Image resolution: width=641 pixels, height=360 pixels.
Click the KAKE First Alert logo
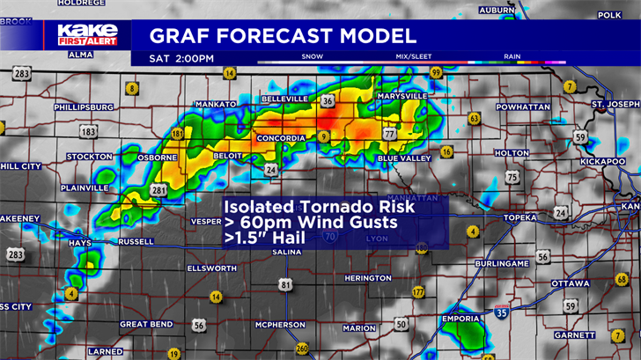(87, 35)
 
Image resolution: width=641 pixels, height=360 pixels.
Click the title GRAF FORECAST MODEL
(283, 36)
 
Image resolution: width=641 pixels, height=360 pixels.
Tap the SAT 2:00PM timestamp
(182, 59)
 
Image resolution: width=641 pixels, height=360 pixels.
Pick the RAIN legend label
(512, 56)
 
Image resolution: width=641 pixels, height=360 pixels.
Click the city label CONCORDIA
(281, 138)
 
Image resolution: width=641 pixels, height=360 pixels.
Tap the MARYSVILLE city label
(402, 95)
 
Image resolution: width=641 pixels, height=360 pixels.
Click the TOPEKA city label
(519, 217)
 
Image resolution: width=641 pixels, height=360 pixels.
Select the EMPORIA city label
(461, 318)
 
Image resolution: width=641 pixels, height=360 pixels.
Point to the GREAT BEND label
(146, 324)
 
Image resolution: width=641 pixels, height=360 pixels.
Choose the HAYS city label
(80, 242)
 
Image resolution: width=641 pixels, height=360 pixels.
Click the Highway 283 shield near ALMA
(21, 72)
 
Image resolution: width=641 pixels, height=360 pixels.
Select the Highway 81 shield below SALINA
(285, 284)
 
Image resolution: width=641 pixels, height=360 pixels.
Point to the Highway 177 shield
(418, 291)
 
